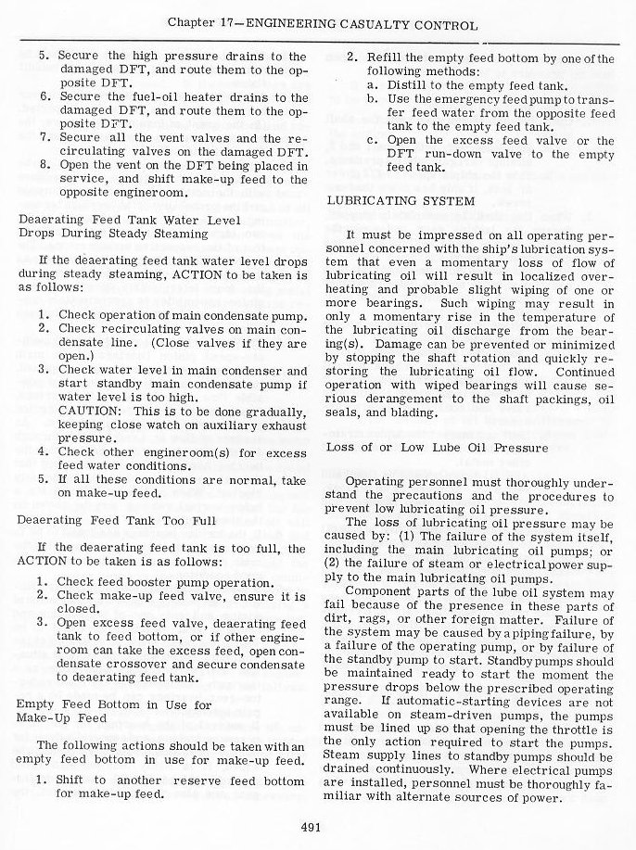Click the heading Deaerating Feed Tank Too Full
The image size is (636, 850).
tap(116, 521)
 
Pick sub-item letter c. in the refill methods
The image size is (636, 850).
tap(371, 140)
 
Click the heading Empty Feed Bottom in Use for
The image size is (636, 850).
tap(101, 704)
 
